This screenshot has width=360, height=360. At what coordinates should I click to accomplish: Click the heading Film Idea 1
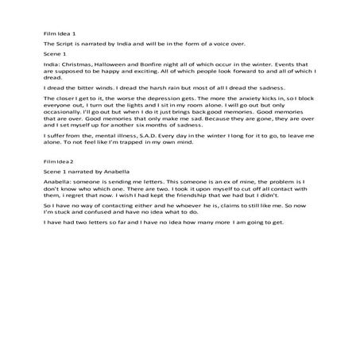pos(60,35)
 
